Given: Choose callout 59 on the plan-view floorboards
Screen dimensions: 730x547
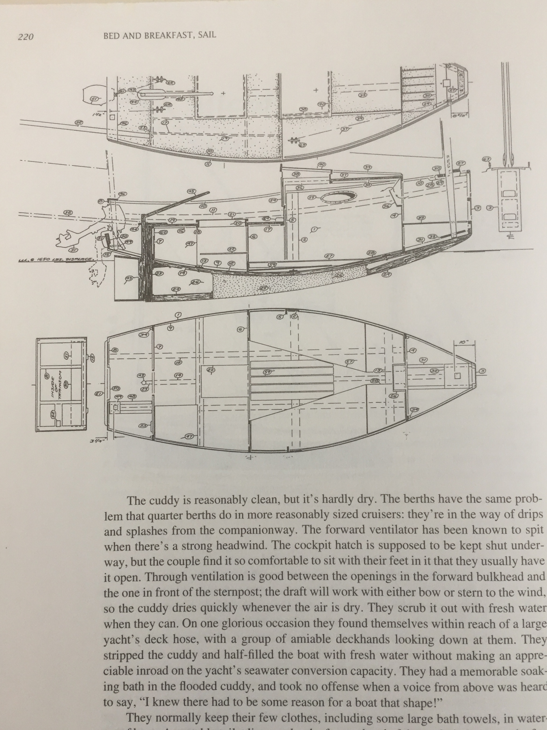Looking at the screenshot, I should click(x=268, y=372).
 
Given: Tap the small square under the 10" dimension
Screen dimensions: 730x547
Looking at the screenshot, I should click(x=457, y=376).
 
